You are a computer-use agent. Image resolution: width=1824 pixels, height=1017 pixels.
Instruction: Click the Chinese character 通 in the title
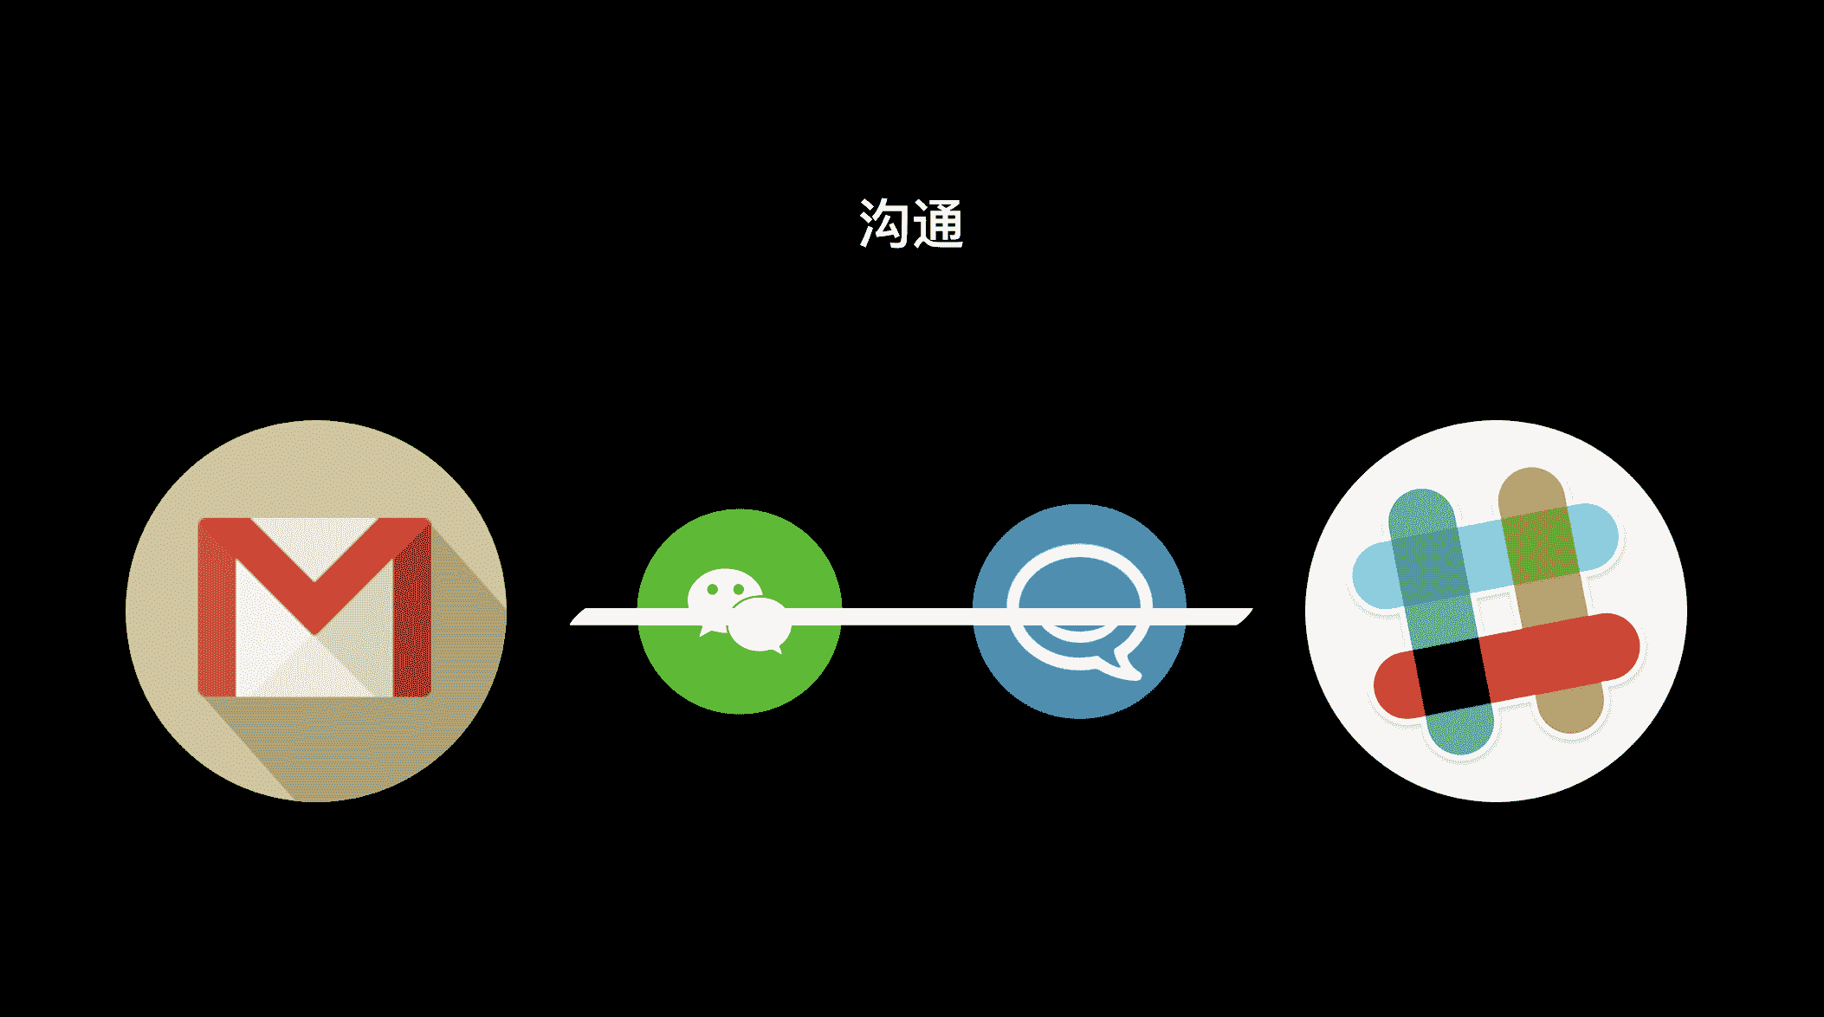(x=938, y=223)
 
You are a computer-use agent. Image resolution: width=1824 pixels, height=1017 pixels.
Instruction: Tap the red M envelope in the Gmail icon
(x=314, y=607)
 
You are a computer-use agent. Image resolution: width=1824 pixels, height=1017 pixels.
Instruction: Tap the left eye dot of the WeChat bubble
(x=713, y=589)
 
